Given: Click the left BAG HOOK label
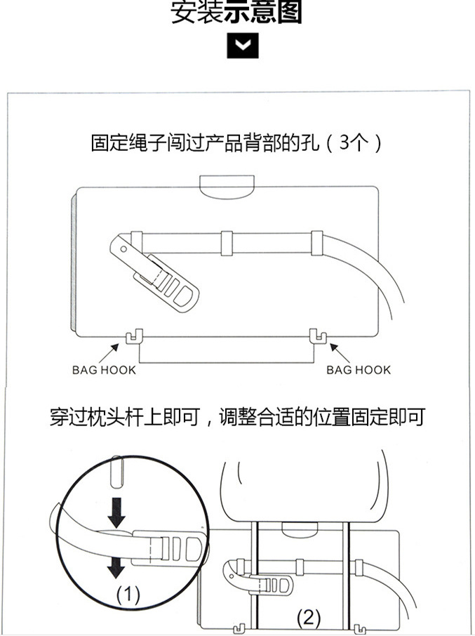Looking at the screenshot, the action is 104,370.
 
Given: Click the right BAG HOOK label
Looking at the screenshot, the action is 358,370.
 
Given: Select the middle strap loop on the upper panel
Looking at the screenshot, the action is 226,240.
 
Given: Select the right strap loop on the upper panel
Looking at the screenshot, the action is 316,240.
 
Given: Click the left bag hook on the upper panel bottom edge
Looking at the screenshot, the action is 131,338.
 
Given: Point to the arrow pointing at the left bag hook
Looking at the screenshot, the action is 118,349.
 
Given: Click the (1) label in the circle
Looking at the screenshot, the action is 128,595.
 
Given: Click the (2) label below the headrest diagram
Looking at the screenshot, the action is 309,618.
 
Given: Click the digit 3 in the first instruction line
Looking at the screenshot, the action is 344,143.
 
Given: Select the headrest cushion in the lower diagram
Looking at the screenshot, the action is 303,487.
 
